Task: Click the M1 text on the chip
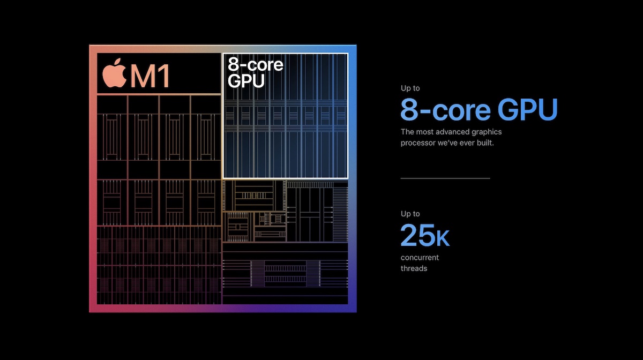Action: click(x=150, y=76)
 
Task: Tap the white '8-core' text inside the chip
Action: click(x=256, y=65)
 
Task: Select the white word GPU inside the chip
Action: click(x=246, y=81)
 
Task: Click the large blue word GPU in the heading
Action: click(x=527, y=110)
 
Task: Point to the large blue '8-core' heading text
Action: click(x=445, y=110)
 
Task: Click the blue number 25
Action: click(x=418, y=235)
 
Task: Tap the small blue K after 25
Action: click(x=443, y=238)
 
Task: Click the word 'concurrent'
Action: click(x=420, y=258)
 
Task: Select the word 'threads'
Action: click(x=414, y=268)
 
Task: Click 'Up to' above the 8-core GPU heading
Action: click(x=410, y=88)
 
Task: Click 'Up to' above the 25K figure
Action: click(x=410, y=214)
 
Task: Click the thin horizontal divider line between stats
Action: click(x=445, y=178)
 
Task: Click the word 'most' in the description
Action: click(x=424, y=132)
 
